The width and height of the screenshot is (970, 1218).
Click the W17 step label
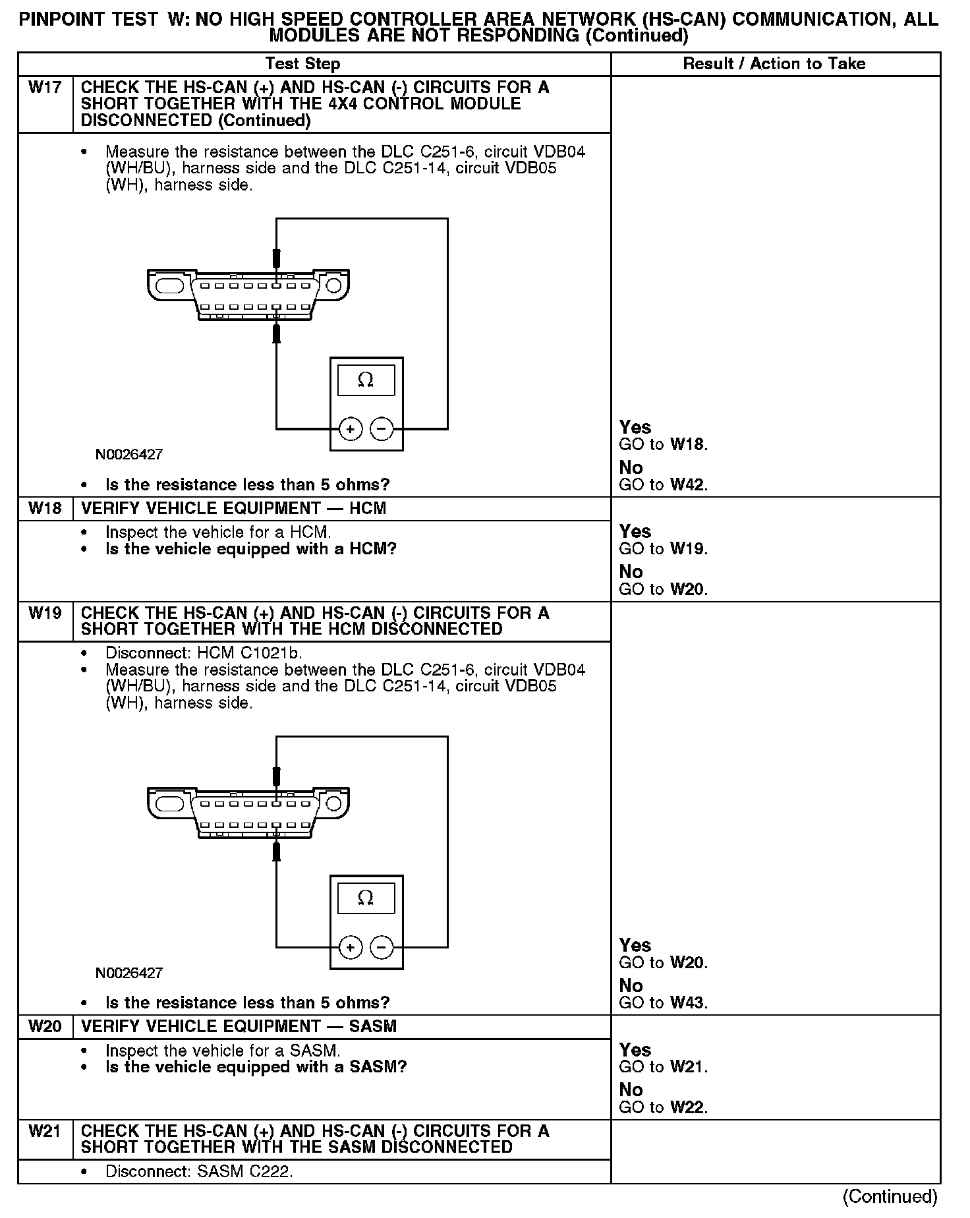45,88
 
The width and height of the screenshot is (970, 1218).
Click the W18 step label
45,509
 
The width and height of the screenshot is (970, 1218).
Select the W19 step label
45,613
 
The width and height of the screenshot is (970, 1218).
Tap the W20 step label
45,1027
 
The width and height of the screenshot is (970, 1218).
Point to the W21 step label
45,1131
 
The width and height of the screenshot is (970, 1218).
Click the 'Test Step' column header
302,64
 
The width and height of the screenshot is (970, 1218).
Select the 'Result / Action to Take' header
774,64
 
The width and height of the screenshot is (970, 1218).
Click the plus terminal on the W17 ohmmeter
351,429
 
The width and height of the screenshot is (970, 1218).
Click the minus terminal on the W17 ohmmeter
382,429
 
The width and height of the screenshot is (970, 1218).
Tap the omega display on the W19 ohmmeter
366,898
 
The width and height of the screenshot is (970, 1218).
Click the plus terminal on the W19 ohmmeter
351,948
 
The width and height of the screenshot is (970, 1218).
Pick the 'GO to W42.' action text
663,485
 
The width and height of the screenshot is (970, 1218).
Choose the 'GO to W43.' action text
663,1003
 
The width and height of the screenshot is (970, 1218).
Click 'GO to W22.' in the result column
663,1107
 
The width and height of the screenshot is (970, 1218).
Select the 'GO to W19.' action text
663,549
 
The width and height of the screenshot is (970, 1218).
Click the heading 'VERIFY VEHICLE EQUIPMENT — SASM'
239,1027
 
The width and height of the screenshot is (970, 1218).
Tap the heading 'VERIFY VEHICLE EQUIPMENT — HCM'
233,509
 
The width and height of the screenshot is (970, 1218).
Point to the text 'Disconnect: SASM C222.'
198,1172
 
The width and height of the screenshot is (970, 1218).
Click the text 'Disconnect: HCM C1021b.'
203,653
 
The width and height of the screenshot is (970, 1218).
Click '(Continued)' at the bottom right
890,1196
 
